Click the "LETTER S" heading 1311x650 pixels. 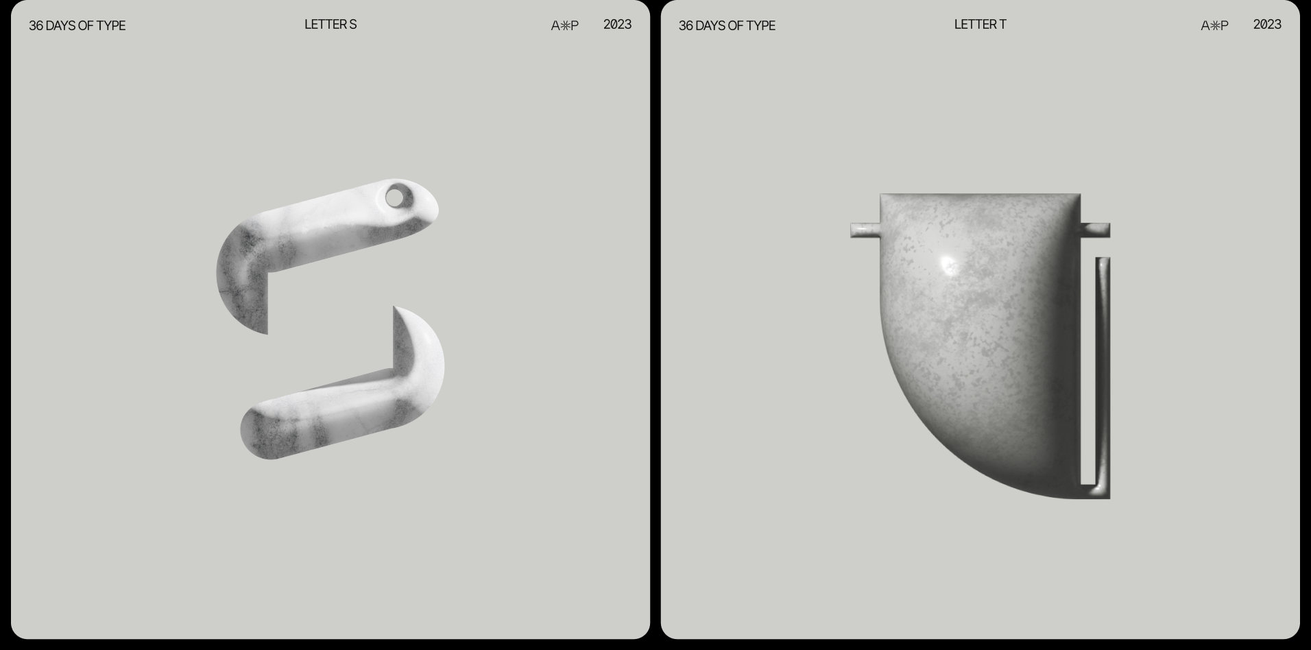point(330,25)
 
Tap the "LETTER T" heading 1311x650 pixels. point(981,25)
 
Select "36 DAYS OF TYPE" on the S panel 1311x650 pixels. point(77,26)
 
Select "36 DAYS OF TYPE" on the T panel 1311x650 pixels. point(727,26)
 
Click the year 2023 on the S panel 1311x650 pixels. point(617,25)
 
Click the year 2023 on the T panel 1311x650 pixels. point(1267,25)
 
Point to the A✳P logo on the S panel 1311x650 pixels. point(565,26)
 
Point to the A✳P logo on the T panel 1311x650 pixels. point(1215,26)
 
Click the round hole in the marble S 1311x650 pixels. point(395,197)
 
